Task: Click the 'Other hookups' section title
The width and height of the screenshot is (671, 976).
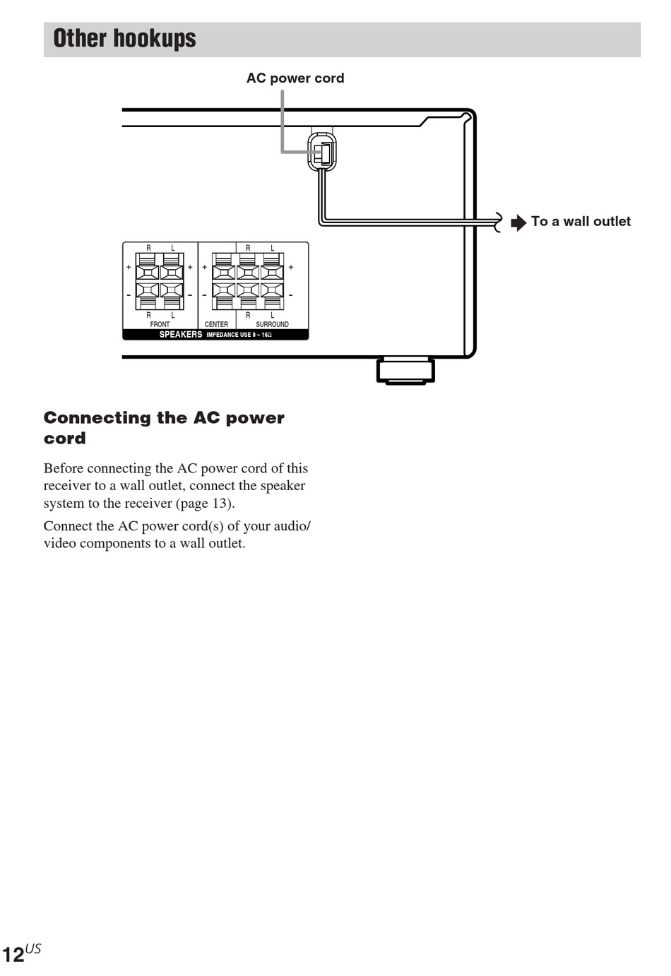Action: click(124, 38)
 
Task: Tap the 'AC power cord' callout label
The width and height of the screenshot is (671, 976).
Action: click(295, 78)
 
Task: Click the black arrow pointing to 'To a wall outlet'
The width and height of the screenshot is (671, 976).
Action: click(518, 222)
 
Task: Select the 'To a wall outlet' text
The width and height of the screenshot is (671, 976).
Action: click(581, 222)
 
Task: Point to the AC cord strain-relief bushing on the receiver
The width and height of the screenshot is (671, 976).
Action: click(322, 152)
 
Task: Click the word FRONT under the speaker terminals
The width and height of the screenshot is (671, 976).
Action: click(160, 324)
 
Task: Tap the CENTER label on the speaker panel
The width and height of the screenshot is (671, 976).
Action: click(216, 324)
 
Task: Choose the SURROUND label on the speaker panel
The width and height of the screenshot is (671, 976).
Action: click(272, 324)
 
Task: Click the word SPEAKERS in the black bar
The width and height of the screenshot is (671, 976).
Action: click(180, 335)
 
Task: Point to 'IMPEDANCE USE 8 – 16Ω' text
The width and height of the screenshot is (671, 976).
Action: click(239, 335)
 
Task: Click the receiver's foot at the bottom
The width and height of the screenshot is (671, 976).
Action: click(405, 371)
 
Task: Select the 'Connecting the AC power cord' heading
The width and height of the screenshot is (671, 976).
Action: click(163, 427)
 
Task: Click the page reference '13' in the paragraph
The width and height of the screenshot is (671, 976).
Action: click(221, 504)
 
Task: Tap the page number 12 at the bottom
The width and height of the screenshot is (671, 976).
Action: click(13, 956)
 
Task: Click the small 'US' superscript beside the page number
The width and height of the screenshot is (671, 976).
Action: click(33, 948)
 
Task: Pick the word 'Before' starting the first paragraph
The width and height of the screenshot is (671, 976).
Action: click(63, 468)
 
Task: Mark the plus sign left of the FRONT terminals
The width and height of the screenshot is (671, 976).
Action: click(129, 268)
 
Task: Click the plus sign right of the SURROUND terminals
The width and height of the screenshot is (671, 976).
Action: click(290, 268)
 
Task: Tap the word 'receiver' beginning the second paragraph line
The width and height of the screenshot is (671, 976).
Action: click(66, 486)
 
